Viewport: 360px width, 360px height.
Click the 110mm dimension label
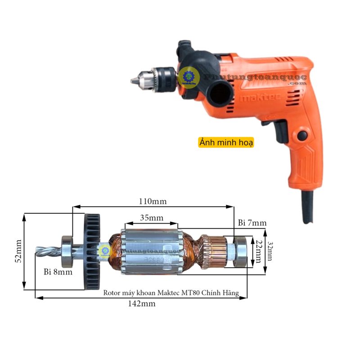pyautogui.click(x=152, y=201)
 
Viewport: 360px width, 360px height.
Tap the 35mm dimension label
pyautogui.click(x=151, y=218)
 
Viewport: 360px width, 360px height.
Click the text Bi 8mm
pyautogui.click(x=58, y=272)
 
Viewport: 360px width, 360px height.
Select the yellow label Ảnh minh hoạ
pyautogui.click(x=226, y=142)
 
